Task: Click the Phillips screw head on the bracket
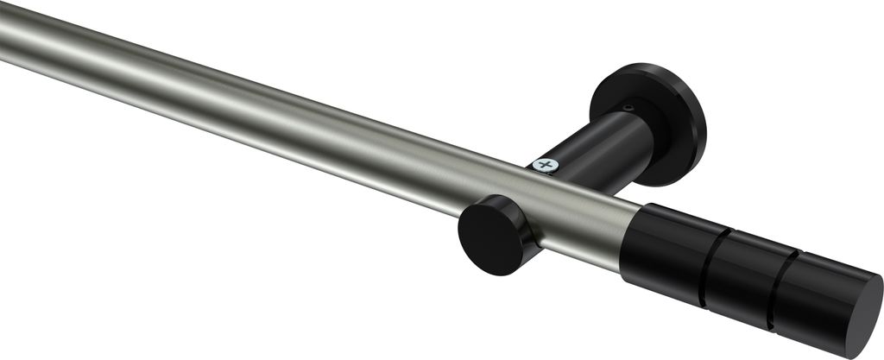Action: (544, 165)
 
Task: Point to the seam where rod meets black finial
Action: (629, 233)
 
